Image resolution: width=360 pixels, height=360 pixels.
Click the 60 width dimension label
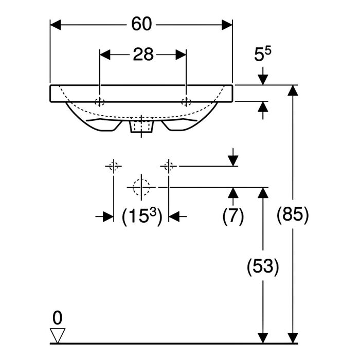pyautogui.click(x=141, y=24)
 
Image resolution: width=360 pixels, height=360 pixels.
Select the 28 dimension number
pyautogui.click(x=143, y=55)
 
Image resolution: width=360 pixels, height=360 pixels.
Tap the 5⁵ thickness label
pyautogui.click(x=262, y=54)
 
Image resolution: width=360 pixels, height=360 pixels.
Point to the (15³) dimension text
pyautogui.click(x=142, y=217)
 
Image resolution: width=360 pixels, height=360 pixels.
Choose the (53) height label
pyautogui.click(x=263, y=266)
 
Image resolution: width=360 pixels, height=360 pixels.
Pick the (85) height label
pyautogui.click(x=293, y=215)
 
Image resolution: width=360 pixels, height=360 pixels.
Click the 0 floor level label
pyautogui.click(x=58, y=318)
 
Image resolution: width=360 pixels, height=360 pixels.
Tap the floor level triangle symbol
pyautogui.click(x=58, y=336)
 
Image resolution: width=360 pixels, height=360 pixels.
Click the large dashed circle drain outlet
pyautogui.click(x=141, y=187)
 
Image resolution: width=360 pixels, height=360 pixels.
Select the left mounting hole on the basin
pyautogui.click(x=100, y=101)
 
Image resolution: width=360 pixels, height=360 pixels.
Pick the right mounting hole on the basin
pyautogui.click(x=186, y=101)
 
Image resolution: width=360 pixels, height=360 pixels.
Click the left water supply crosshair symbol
pyautogui.click(x=114, y=166)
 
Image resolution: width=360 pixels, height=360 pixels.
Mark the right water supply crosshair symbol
pyautogui.click(x=169, y=166)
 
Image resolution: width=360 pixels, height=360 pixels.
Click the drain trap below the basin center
pyautogui.click(x=141, y=126)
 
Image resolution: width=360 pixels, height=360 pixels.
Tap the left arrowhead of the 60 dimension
pyautogui.click(x=56, y=25)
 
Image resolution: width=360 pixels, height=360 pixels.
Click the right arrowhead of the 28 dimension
pyautogui.click(x=181, y=55)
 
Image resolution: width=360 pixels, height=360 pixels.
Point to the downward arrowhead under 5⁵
pyautogui.click(x=263, y=80)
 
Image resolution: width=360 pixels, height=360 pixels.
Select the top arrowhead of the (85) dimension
pyautogui.click(x=293, y=91)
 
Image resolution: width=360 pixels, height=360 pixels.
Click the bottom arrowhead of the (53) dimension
pyautogui.click(x=263, y=338)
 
